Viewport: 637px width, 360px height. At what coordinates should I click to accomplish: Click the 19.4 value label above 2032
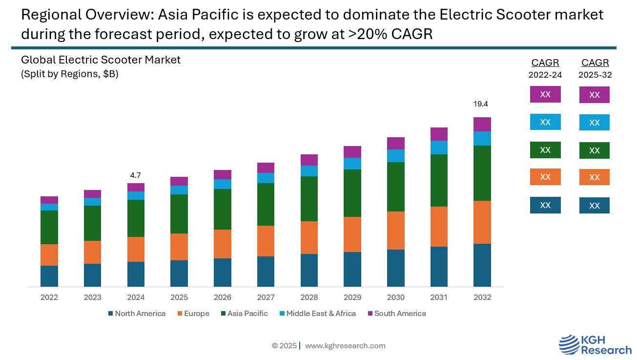click(x=481, y=104)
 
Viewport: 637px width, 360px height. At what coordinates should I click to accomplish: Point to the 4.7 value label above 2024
click(x=136, y=175)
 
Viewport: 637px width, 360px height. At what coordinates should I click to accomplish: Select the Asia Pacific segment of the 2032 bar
click(x=482, y=173)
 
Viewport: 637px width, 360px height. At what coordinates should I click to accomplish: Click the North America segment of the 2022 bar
click(x=49, y=276)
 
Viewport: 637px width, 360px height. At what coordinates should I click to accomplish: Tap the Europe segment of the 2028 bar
click(x=309, y=237)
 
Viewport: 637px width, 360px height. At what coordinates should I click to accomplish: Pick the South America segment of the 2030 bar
click(x=395, y=143)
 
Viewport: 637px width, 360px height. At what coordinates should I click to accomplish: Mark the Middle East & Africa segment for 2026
click(x=222, y=184)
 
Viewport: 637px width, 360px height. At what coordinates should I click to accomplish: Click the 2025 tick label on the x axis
click(x=179, y=297)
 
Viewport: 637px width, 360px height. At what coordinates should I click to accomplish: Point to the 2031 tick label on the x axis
click(x=439, y=297)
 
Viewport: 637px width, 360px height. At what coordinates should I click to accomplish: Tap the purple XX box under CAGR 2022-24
click(x=545, y=94)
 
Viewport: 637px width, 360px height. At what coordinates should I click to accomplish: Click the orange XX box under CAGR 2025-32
click(x=594, y=177)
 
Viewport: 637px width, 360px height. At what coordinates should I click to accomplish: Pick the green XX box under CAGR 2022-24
click(x=545, y=150)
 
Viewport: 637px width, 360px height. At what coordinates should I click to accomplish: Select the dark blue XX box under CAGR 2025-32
click(x=594, y=206)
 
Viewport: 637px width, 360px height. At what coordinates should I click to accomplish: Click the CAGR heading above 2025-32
click(x=595, y=63)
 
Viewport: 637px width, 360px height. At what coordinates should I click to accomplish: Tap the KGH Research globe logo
click(x=568, y=344)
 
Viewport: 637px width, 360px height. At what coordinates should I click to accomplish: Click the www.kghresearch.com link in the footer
click(x=345, y=346)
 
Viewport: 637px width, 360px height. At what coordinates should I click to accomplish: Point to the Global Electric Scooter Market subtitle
click(x=101, y=60)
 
